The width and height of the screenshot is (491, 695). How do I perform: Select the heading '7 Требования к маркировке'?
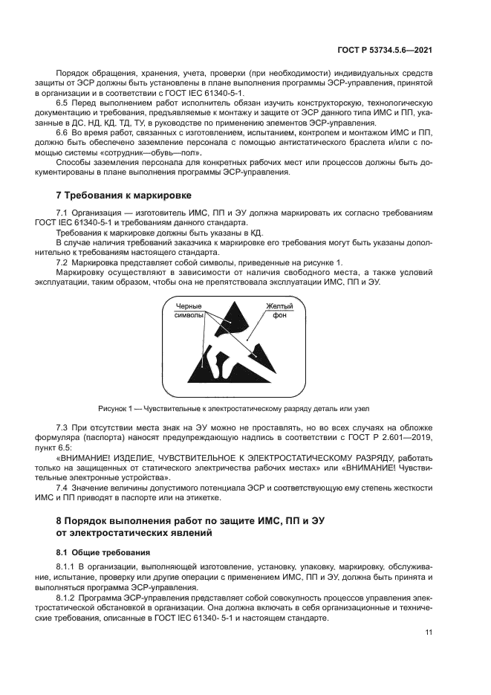point(124,196)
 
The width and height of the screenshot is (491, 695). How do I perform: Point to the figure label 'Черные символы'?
point(189,311)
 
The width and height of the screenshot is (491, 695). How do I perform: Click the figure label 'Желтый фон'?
point(279,311)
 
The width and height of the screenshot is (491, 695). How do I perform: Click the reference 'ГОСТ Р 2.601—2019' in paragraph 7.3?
point(394,440)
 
